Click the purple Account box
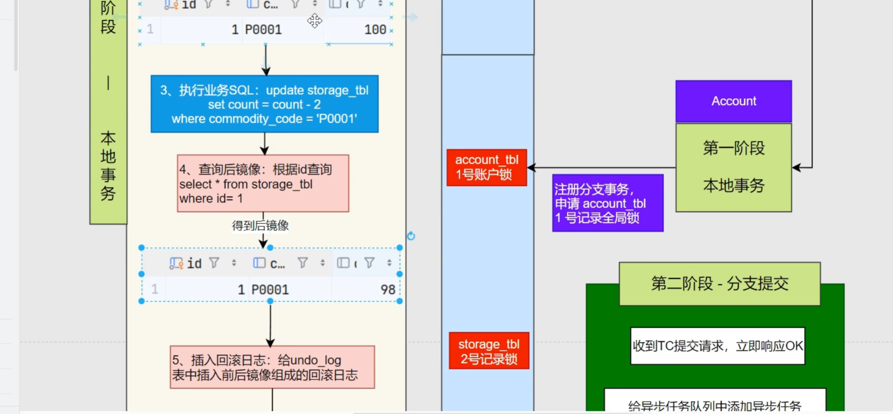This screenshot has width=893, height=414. click(734, 101)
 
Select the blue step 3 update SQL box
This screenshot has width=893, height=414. click(264, 104)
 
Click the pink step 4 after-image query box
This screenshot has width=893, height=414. click(263, 184)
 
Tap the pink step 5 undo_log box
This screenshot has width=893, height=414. click(272, 367)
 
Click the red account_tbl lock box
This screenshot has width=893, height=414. click(487, 167)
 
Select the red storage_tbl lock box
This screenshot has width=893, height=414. click(489, 351)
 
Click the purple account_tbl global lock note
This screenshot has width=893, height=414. click(607, 203)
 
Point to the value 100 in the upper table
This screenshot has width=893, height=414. click(375, 29)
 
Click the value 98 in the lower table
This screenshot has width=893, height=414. click(388, 290)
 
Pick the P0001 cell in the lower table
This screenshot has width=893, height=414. click(270, 290)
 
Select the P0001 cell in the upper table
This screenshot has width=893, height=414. click(263, 29)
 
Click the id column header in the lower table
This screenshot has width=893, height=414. click(194, 263)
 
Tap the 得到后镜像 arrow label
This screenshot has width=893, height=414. click(260, 225)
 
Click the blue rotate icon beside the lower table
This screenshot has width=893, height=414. click(411, 236)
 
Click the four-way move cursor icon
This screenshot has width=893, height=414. click(315, 20)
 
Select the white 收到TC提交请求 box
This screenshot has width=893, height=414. click(717, 346)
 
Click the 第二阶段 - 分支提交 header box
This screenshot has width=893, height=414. click(719, 283)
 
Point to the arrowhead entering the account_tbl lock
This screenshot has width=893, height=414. click(531, 168)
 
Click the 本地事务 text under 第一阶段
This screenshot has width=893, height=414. click(734, 186)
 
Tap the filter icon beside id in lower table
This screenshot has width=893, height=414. click(214, 263)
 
